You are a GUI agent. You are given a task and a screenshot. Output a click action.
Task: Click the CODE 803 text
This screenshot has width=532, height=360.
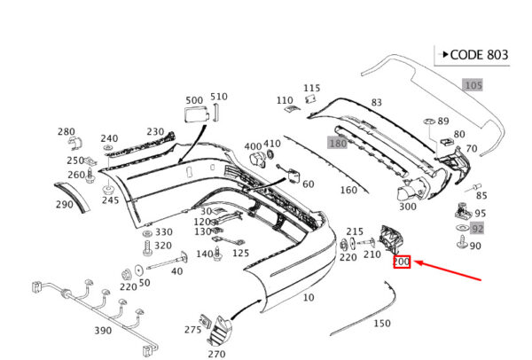[x=479, y=55]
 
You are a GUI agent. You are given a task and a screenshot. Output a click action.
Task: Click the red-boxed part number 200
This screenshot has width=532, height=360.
[x=402, y=262]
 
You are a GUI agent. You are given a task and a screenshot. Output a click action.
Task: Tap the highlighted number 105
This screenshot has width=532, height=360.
[x=473, y=85]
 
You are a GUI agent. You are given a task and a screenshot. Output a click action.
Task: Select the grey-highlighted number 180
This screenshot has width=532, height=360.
[x=338, y=143]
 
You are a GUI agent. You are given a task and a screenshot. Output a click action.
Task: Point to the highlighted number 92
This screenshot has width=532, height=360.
[x=477, y=229]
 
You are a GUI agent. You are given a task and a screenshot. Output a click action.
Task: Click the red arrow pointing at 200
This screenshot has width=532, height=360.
[x=448, y=270]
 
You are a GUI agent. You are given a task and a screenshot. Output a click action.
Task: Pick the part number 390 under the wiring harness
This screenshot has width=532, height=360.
[x=103, y=330]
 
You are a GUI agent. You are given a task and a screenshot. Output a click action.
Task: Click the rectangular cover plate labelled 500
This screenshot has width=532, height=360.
[x=196, y=114]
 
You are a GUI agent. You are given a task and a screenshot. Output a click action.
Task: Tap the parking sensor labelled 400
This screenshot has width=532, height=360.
[x=256, y=160]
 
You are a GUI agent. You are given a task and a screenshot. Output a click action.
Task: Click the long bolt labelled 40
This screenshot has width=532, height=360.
[x=167, y=262]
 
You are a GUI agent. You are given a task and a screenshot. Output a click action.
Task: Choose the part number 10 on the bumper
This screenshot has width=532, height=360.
[x=308, y=298]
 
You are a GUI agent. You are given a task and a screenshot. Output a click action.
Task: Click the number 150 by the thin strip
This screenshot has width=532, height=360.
[x=382, y=324]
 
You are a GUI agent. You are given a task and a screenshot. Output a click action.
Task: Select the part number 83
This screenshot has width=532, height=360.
[x=376, y=102]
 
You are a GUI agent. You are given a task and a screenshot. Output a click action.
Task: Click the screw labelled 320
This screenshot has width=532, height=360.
[x=147, y=248]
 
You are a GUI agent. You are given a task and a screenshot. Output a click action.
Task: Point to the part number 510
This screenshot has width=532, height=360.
[x=219, y=97]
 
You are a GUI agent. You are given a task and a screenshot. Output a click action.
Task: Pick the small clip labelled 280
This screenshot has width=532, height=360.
[x=75, y=144]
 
